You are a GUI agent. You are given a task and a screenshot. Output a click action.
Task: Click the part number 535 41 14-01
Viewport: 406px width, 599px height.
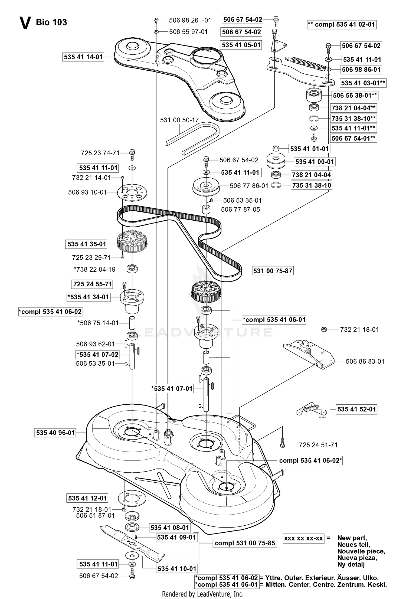click(83, 57)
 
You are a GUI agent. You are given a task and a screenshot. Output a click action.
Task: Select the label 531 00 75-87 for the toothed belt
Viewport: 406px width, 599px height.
click(273, 271)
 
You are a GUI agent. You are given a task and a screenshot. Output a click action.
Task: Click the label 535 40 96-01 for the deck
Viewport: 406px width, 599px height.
click(55, 433)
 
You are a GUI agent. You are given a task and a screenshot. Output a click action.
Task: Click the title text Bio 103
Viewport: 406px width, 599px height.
click(51, 22)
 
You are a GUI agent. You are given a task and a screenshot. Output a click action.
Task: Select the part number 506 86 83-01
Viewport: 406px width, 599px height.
click(365, 361)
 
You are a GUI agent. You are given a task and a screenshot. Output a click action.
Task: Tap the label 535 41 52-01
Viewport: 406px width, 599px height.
click(356, 409)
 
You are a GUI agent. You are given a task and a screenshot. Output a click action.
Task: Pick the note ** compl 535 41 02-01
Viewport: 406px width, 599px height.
click(342, 24)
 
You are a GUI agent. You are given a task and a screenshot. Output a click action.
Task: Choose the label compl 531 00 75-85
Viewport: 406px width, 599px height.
click(245, 543)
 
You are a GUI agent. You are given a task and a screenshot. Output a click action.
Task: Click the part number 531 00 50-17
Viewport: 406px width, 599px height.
click(179, 120)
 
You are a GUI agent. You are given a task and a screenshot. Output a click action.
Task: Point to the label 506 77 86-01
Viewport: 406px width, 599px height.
click(249, 186)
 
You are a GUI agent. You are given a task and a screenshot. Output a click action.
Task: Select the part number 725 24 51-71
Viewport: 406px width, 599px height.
click(318, 445)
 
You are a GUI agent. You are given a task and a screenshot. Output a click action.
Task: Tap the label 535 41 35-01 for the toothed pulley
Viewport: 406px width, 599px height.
click(87, 244)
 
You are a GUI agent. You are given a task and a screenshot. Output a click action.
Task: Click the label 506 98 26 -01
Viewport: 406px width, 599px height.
click(190, 20)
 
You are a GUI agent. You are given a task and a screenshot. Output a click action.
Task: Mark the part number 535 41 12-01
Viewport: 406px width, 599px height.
click(87, 498)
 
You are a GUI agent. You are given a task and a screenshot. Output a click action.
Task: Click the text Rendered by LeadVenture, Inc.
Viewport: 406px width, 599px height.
click(203, 594)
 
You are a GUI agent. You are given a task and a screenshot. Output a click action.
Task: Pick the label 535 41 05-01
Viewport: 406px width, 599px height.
click(241, 45)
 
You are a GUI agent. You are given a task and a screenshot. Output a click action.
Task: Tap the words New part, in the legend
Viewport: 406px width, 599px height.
click(352, 538)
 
